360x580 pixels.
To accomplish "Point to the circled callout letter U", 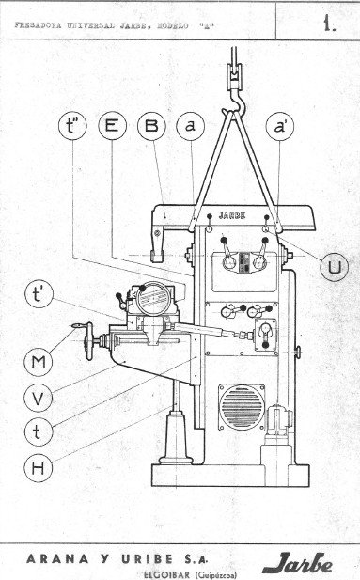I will coord(333,268).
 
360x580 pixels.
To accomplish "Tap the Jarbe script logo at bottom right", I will coord(298,563).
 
